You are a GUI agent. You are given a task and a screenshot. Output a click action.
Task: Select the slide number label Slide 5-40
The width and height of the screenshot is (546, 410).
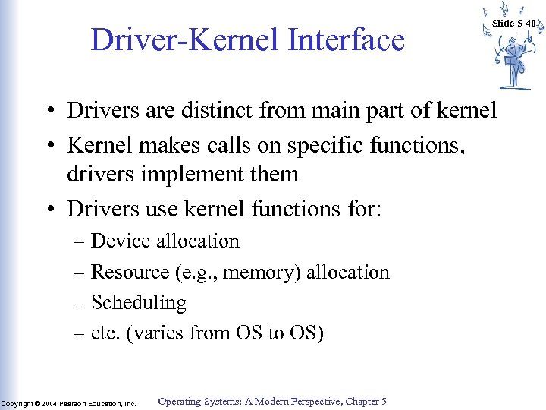pyautogui.click(x=514, y=24)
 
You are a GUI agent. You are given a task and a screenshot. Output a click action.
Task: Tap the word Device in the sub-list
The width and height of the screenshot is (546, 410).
pyautogui.click(x=121, y=241)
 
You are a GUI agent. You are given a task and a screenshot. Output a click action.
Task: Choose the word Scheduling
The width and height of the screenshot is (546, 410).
pyautogui.click(x=138, y=302)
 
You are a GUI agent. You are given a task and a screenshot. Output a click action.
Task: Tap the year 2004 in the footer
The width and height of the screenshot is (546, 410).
pyautogui.click(x=49, y=403)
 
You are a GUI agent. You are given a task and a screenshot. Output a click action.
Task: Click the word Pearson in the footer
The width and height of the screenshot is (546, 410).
pyautogui.click(x=74, y=403)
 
